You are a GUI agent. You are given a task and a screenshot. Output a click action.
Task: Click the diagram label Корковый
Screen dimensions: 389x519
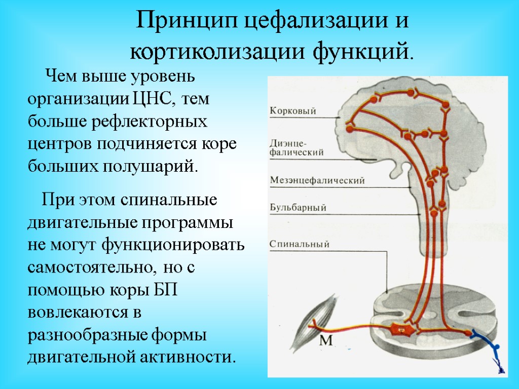[x=293, y=111]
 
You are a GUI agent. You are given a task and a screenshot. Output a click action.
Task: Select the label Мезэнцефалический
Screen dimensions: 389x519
[x=317, y=180]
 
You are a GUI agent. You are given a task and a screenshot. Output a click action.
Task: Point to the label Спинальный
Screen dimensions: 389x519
[x=300, y=244]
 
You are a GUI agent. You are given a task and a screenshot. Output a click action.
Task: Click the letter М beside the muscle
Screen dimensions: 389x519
[x=326, y=341]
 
